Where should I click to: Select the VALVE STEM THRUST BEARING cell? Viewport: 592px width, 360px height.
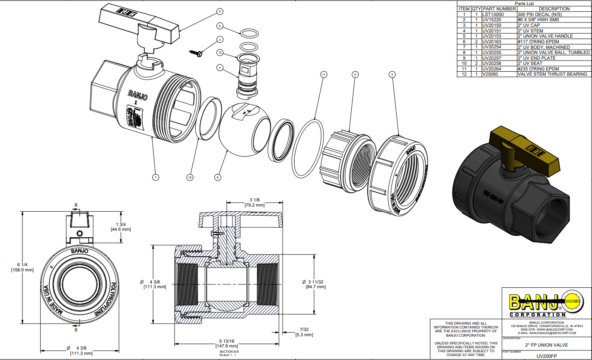[x=552, y=75]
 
